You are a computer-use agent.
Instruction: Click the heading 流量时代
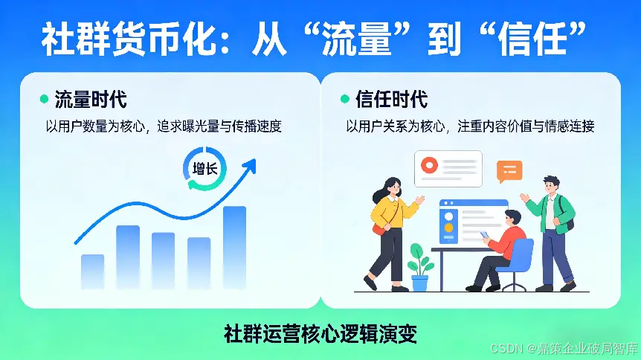pyautogui.click(x=91, y=100)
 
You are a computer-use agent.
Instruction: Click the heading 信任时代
pyautogui.click(x=392, y=100)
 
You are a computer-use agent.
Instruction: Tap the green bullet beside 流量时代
pyautogui.click(x=43, y=100)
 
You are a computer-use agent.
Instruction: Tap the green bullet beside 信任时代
pyautogui.click(x=344, y=100)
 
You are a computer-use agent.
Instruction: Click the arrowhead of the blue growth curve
pyautogui.click(x=251, y=164)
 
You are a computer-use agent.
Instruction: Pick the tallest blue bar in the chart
pyautogui.click(x=234, y=246)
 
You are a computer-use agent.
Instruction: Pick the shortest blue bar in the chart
pyautogui.click(x=93, y=271)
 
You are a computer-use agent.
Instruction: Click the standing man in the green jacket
pyautogui.click(x=552, y=231)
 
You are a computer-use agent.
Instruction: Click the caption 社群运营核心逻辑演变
pyautogui.click(x=320, y=333)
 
